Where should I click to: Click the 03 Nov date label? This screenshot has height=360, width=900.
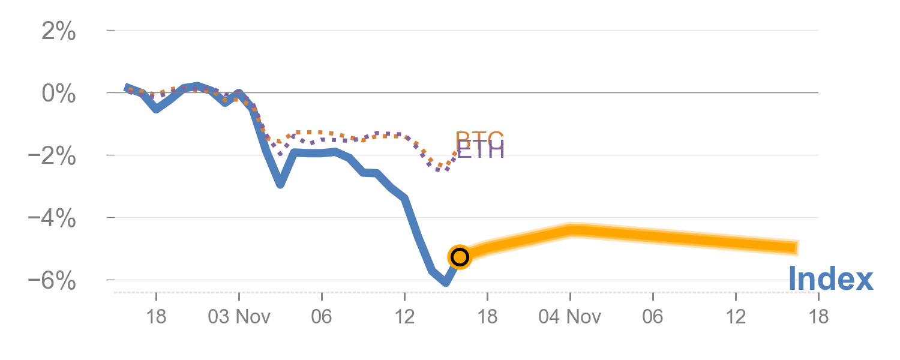click(x=239, y=317)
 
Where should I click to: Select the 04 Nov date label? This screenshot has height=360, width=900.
click(x=569, y=317)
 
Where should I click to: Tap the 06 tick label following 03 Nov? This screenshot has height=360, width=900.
click(x=322, y=317)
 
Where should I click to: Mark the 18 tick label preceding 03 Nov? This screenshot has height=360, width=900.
click(x=156, y=317)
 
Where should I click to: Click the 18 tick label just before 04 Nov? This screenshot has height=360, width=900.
click(x=487, y=317)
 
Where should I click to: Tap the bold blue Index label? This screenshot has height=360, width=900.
click(x=830, y=280)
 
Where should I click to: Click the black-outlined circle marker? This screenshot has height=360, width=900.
click(x=459, y=257)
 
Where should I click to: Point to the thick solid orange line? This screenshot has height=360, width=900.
click(x=660, y=238)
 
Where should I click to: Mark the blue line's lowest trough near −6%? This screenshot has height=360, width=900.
click(x=445, y=282)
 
